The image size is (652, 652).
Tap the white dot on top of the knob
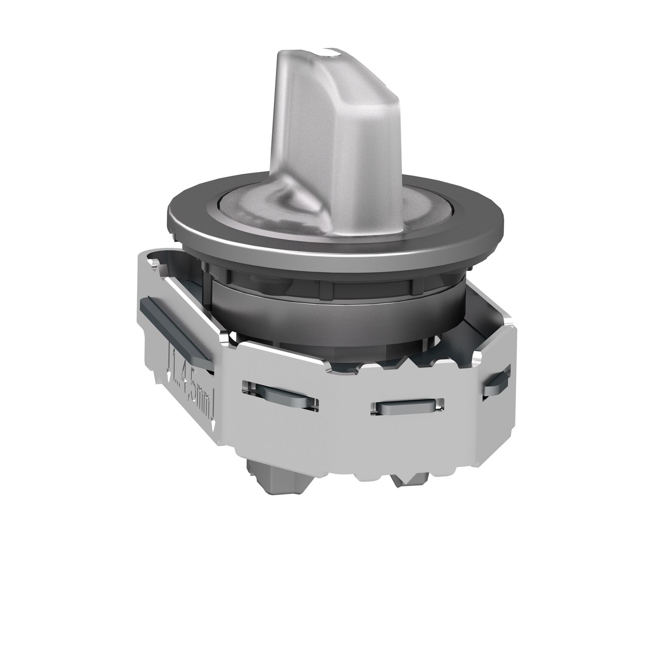[x=334, y=53]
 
